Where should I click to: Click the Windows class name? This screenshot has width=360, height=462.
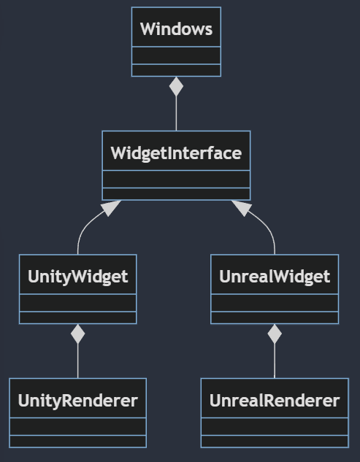click(176, 29)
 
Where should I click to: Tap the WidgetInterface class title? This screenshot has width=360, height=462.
click(176, 153)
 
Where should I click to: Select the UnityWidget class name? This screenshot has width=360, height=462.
click(78, 277)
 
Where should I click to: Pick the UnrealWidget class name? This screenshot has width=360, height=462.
click(275, 277)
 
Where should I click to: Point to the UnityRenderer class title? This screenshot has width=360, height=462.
click(78, 401)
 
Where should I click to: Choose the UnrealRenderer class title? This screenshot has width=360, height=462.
click(275, 401)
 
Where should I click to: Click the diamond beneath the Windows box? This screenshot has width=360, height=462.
click(176, 86)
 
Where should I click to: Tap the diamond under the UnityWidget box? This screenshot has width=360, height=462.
click(78, 334)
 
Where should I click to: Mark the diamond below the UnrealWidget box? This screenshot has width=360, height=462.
click(275, 334)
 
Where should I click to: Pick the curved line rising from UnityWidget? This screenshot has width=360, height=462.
click(84, 228)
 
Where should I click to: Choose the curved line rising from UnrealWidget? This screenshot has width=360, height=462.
click(268, 228)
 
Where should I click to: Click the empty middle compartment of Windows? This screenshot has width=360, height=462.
click(176, 55)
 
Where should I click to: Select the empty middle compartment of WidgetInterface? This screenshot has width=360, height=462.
click(176, 179)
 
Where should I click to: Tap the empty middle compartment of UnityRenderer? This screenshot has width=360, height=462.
click(78, 426)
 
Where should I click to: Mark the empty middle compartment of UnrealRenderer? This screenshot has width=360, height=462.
click(275, 426)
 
